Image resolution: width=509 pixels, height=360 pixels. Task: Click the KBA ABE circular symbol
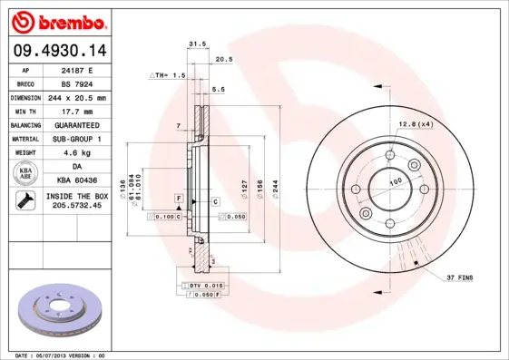point(24,173)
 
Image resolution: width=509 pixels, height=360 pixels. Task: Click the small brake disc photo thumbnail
point(60,313)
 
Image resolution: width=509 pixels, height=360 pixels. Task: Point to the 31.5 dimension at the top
point(193,43)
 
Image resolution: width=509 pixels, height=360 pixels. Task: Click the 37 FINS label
point(459,277)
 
